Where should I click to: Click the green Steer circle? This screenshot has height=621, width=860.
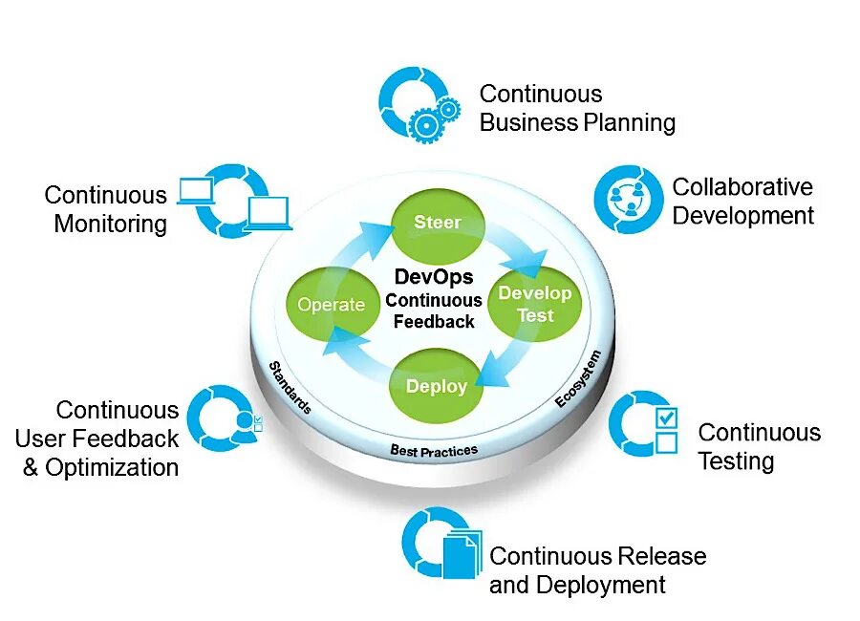coord(439,225)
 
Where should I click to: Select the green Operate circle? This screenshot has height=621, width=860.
coord(331,305)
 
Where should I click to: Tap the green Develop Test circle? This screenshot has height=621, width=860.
coord(535,304)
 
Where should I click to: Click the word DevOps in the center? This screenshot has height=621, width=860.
coord(434,278)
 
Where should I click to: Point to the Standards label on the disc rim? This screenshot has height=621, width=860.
coord(290,387)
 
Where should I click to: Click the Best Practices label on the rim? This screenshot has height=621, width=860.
coord(434,450)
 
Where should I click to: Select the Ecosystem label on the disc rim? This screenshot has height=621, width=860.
coord(579,380)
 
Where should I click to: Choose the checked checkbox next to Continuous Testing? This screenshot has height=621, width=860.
coord(666,418)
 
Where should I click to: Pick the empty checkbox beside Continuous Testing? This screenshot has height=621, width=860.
coord(666,442)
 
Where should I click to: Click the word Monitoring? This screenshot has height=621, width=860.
coord(111,225)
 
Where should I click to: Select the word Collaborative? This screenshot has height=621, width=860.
coord(742,186)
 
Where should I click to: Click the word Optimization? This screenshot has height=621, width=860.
coord(112,468)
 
